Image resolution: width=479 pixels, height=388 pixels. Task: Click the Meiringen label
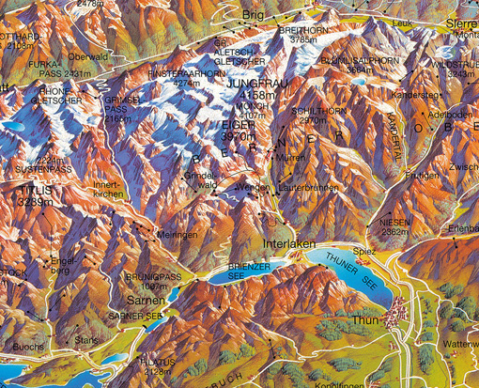tap(178, 235)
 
